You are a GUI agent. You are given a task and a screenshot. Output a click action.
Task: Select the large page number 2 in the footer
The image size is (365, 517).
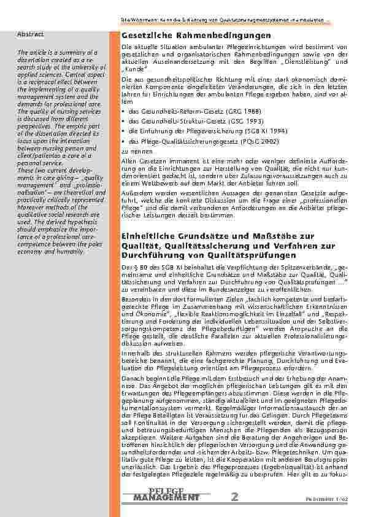[236, 497]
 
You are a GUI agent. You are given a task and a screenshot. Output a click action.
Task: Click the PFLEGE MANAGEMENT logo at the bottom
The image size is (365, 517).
[166, 495]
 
